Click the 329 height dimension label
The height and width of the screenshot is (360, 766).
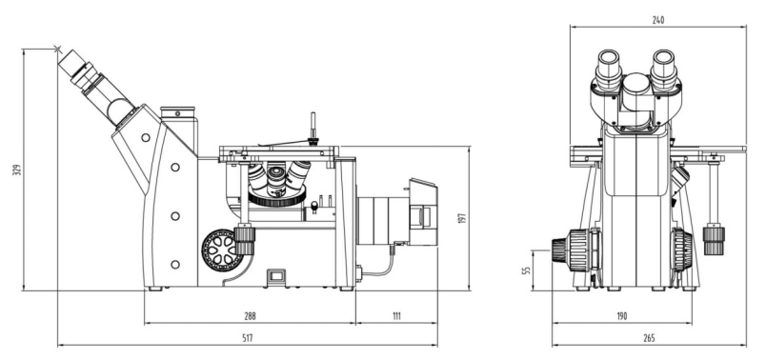tap(17, 170)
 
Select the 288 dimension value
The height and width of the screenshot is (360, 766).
tap(251, 316)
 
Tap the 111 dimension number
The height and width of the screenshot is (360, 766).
tap(396, 316)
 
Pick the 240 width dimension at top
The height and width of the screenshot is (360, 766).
tap(658, 20)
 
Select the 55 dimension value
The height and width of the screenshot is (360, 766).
tap(527, 270)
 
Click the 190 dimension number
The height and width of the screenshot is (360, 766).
tap(621, 316)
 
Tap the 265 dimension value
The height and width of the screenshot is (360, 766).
tap(649, 338)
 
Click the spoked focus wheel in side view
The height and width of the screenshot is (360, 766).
tap(222, 250)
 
